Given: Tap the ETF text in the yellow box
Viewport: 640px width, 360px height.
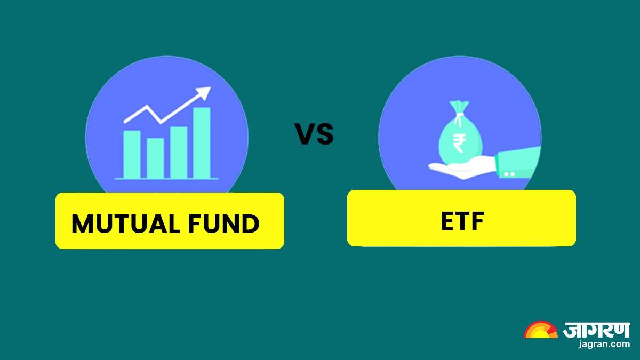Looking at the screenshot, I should [x=461, y=222].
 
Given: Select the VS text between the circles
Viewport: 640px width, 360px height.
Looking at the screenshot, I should [x=315, y=134].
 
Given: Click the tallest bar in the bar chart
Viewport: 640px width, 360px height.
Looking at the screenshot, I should [x=202, y=142].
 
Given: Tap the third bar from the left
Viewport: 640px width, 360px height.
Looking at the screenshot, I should [x=179, y=151].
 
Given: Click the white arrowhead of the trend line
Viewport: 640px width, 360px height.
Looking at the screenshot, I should [x=203, y=94].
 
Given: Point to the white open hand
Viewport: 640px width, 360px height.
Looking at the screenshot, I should [x=459, y=169].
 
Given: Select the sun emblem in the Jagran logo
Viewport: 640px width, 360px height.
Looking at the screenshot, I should [x=540, y=331].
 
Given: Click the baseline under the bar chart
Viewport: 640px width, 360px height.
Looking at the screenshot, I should [x=166, y=179].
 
